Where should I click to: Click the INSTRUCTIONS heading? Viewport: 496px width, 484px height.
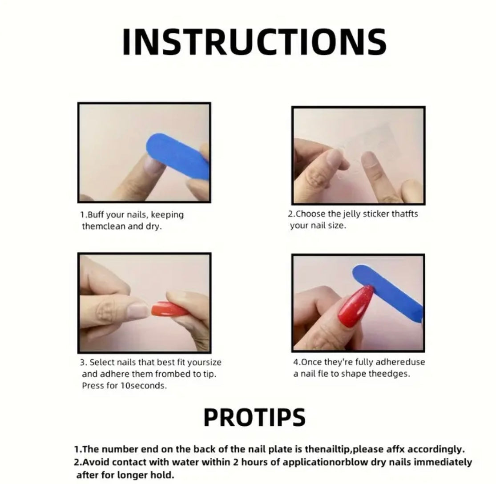(x=254, y=42)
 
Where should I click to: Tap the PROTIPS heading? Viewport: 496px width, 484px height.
(x=254, y=418)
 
